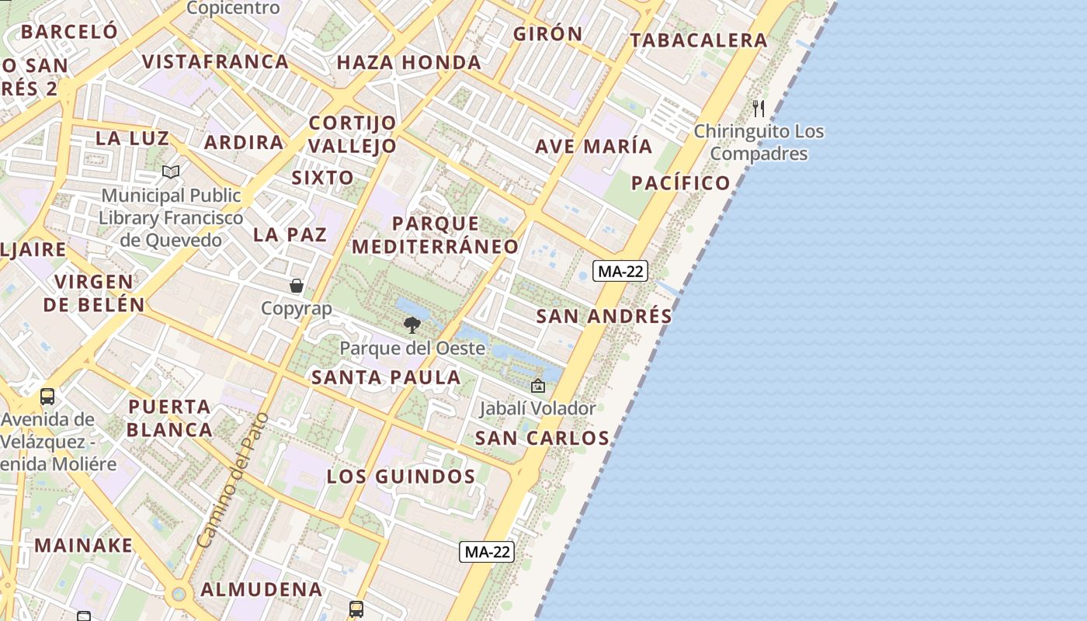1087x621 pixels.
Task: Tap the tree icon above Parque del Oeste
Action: tap(412, 324)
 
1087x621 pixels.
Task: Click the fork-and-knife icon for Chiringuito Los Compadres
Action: tap(759, 108)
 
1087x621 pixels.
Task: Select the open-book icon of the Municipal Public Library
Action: tap(171, 172)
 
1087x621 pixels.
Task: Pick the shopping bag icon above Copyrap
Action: tap(296, 286)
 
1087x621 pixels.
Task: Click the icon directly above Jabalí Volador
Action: tap(537, 385)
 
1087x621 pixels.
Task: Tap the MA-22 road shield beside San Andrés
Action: tap(620, 271)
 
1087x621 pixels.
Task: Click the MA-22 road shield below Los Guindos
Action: tap(487, 552)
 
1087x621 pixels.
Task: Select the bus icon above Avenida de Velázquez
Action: tap(47, 397)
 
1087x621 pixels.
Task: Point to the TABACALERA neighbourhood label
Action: tap(698, 40)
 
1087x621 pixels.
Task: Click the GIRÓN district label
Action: tap(547, 33)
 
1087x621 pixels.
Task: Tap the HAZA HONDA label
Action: tap(408, 62)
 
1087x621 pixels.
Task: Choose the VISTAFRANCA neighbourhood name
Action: tap(215, 61)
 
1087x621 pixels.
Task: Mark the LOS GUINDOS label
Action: tap(401, 477)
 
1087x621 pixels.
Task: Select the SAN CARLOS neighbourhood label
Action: tap(542, 438)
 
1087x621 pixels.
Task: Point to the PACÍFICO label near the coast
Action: tap(680, 183)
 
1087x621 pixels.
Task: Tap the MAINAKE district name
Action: tap(83, 545)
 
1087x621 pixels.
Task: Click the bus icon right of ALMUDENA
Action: tap(356, 609)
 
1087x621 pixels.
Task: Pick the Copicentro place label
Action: tap(233, 9)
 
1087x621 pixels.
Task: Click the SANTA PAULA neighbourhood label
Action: tap(386, 378)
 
